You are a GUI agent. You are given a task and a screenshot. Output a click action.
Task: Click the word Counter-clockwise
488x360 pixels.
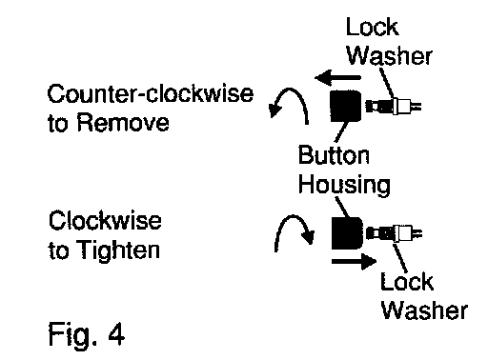point(151,93)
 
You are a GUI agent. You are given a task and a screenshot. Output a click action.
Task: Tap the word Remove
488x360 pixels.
point(123,123)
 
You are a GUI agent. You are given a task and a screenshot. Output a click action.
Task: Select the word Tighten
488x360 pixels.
point(118,250)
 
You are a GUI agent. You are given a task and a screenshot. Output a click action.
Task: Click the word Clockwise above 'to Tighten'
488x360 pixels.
point(105,221)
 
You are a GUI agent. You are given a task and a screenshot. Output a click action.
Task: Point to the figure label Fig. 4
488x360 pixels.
point(87,334)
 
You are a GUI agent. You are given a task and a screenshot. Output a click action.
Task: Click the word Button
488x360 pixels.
point(334,155)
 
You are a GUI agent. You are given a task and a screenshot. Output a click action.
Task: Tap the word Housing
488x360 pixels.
point(344,185)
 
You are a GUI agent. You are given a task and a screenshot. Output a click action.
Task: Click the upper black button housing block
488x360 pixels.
point(346,106)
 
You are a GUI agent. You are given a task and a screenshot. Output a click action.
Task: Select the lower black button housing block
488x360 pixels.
point(347,233)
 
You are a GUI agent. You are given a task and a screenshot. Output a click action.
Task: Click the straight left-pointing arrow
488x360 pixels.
point(337,77)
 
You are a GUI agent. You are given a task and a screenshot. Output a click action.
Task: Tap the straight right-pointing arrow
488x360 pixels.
point(354,262)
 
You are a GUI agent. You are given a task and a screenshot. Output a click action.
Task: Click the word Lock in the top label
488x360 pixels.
point(372,27)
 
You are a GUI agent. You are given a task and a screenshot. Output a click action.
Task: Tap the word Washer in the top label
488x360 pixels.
point(390,55)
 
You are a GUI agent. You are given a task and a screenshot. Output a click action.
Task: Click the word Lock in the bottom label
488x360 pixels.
point(407,281)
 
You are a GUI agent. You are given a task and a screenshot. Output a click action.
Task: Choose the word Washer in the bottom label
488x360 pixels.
point(424,310)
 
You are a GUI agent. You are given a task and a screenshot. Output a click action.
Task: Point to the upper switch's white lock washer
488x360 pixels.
point(396,106)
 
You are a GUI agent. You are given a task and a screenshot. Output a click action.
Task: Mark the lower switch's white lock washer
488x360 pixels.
point(396,234)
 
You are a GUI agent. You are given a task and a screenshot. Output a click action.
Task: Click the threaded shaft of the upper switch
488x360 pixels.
point(379,106)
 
